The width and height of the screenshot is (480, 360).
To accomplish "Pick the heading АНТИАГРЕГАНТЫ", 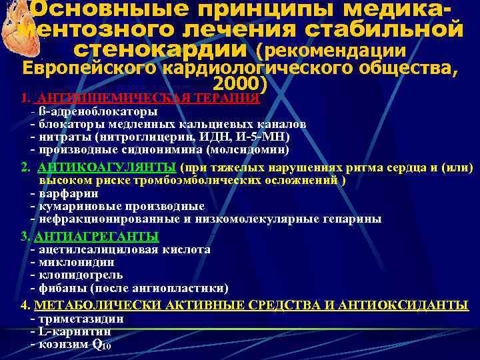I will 96,237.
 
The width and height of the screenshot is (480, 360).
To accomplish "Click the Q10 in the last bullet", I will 101,345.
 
